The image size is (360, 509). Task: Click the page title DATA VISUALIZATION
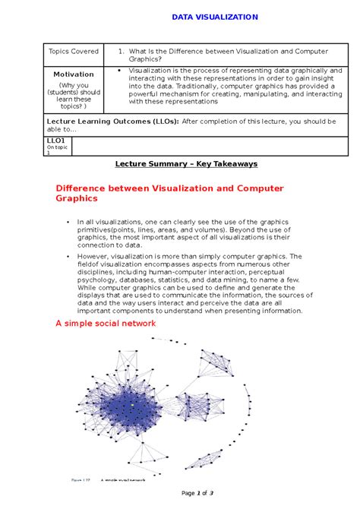tap(214, 17)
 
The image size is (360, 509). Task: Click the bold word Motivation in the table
tap(74, 74)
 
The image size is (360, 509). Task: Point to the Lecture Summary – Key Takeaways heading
tap(186, 163)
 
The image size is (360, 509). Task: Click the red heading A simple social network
tap(106, 323)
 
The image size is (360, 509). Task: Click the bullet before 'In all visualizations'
tap(68, 222)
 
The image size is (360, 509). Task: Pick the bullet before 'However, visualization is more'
tap(68, 257)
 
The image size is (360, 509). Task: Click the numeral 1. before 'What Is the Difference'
tap(122, 52)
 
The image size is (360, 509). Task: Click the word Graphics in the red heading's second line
tap(77, 198)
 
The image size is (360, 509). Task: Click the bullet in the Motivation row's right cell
tap(121, 71)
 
